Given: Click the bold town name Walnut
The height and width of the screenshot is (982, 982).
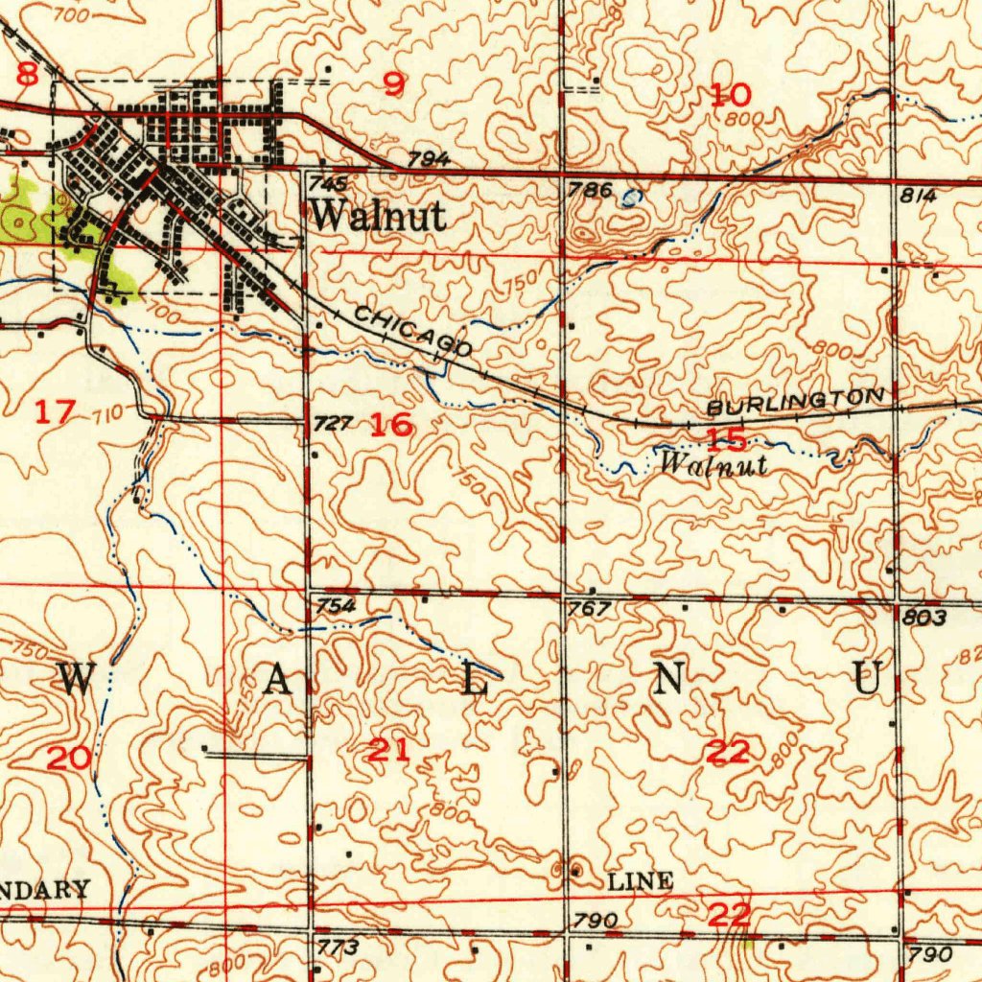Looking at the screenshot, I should [378, 216].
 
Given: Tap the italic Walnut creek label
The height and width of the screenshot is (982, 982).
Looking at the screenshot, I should [714, 464].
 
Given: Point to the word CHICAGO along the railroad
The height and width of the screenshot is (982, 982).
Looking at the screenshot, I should [412, 331].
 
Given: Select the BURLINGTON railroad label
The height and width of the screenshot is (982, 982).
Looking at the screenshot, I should [795, 402].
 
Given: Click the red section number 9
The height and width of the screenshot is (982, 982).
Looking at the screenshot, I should [394, 85].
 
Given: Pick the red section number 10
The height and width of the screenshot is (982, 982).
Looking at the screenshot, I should [731, 94].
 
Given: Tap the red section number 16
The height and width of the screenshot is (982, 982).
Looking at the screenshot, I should [392, 424].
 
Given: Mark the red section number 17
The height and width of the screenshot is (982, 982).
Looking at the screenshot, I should [55, 412].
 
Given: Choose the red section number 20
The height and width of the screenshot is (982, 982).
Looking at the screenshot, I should [70, 759].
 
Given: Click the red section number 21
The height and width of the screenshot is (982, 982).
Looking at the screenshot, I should [389, 751].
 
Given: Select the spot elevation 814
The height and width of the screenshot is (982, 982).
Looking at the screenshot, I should [918, 195].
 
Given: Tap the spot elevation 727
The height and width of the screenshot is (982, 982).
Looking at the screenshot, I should [335, 423].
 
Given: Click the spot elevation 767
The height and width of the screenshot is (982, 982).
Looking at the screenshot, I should [589, 610].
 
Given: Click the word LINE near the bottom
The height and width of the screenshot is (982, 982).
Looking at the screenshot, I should [642, 881].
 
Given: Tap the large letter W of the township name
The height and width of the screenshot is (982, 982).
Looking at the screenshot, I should [79, 679].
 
